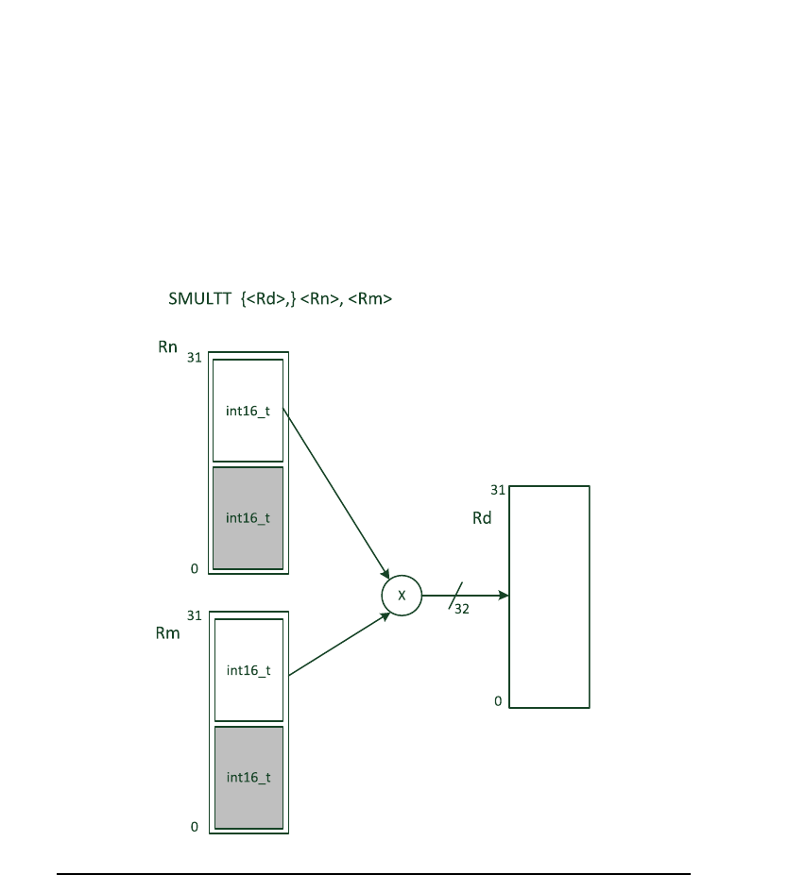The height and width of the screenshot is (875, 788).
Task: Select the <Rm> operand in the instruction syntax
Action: (x=371, y=300)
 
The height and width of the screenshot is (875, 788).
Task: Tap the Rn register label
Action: (x=167, y=347)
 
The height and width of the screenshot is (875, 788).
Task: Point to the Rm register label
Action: (x=167, y=632)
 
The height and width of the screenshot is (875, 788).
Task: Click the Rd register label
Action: (x=482, y=518)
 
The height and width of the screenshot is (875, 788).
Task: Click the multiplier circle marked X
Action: (x=401, y=596)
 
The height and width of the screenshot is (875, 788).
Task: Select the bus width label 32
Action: (x=462, y=609)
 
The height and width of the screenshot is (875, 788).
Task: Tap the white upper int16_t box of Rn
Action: (x=248, y=410)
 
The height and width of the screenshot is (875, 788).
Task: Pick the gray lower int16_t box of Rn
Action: (x=248, y=517)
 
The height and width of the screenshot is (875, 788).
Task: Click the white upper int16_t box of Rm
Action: (x=248, y=669)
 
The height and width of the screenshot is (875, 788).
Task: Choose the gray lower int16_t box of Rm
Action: (x=248, y=777)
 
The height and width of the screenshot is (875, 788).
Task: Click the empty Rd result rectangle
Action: (x=550, y=597)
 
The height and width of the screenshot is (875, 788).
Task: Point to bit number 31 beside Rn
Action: (x=194, y=359)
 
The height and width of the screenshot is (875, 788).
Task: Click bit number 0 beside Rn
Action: (x=195, y=568)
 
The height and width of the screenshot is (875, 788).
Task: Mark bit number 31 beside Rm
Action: (x=194, y=615)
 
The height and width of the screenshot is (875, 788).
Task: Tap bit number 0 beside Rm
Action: (x=195, y=827)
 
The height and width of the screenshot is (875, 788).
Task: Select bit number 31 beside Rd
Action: (x=497, y=490)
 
